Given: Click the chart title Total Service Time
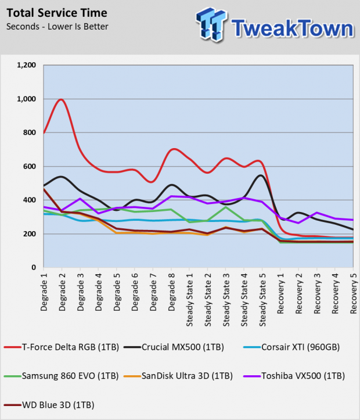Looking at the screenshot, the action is (x=57, y=13).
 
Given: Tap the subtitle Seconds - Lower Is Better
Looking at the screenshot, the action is (x=57, y=27).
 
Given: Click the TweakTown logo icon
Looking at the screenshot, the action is (x=211, y=24).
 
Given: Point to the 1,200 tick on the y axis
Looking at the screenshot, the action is (x=26, y=65).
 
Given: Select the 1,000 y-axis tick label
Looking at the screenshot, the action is (x=26, y=99).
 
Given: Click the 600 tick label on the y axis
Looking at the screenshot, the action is (x=30, y=166).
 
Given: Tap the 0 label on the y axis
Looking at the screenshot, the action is (x=34, y=267).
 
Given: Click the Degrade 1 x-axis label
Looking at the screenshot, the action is (x=44, y=292).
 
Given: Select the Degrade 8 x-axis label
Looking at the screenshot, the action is (x=171, y=292).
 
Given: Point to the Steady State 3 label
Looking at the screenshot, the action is (x=226, y=300).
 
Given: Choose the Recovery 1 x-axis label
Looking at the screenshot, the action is (x=280, y=293).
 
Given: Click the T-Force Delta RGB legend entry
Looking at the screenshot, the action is (x=62, y=347).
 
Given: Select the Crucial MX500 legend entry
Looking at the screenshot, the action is (x=174, y=347).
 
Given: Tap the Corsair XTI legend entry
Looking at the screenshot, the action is (x=291, y=347).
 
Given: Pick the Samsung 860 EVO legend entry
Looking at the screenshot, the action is (x=61, y=376).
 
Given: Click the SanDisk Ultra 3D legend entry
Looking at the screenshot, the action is (x=178, y=376).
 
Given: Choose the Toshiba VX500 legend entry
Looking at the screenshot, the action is (x=294, y=376).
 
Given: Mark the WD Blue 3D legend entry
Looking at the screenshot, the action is (x=49, y=405).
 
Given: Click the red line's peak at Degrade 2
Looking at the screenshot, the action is (x=62, y=100).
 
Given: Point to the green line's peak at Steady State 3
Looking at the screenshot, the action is (x=226, y=207).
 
